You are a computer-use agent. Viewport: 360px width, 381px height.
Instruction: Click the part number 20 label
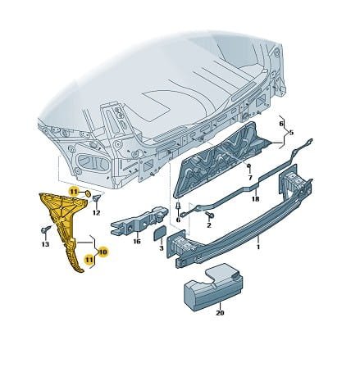tap(220, 313)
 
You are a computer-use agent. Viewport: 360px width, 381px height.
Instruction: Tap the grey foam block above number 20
tap(213, 288)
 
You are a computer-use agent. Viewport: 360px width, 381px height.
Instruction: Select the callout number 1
tap(258, 247)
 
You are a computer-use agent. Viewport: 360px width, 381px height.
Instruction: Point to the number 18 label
tap(255, 199)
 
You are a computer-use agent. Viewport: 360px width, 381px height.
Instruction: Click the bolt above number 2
tap(211, 215)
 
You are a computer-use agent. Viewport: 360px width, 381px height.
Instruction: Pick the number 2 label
tap(209, 225)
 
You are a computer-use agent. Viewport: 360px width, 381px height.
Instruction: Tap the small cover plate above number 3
tap(159, 233)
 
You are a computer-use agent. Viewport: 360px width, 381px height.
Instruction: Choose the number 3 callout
tap(162, 248)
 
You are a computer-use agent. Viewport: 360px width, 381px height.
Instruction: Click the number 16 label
tap(137, 242)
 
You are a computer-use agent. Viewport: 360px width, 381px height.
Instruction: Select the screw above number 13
tap(46, 229)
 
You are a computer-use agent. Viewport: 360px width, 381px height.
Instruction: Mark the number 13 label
tap(45, 244)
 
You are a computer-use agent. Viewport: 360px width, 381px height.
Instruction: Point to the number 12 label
tap(96, 212)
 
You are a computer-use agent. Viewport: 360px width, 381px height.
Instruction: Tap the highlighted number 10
tap(103, 252)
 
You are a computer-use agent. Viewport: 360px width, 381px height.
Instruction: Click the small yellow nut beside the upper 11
tap(88, 193)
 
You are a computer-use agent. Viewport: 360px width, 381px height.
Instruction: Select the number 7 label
tap(250, 178)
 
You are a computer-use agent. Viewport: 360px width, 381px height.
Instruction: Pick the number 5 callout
tap(291, 133)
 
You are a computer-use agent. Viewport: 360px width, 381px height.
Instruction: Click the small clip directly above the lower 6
tap(178, 206)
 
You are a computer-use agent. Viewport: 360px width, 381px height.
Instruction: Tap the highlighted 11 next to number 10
tap(89, 260)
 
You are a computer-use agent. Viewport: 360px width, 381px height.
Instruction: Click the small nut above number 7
tap(248, 166)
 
